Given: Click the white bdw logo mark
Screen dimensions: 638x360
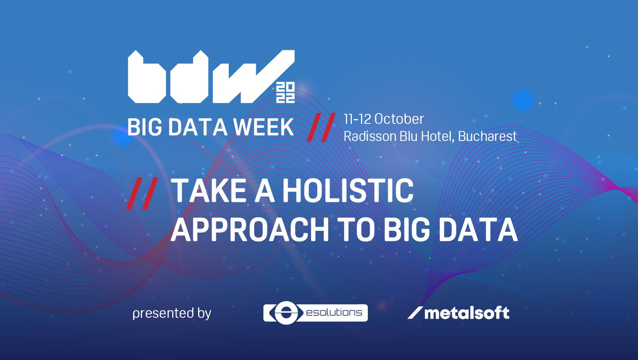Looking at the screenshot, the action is tap(211, 76).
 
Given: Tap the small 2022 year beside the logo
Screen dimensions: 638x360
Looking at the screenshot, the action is tap(285, 92).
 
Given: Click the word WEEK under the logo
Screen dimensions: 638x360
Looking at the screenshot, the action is tap(263, 127).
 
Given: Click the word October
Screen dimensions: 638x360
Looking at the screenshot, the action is tap(399, 119).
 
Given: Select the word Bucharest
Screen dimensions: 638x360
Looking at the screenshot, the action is tap(487, 136).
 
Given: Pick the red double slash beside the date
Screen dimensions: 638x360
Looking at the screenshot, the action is tap(321, 127).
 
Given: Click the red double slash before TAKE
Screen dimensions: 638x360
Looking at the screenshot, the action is tap(142, 193).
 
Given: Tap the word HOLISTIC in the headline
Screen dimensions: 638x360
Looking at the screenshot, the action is tap(348, 190).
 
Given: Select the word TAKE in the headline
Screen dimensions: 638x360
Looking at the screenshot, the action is tap(208, 190).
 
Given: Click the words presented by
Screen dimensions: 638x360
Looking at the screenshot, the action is tap(172, 313).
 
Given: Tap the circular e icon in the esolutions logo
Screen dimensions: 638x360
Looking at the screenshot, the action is tap(286, 313).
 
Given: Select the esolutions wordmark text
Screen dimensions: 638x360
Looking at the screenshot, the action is tap(334, 313).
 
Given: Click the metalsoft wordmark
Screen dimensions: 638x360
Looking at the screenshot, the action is tap(467, 313).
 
